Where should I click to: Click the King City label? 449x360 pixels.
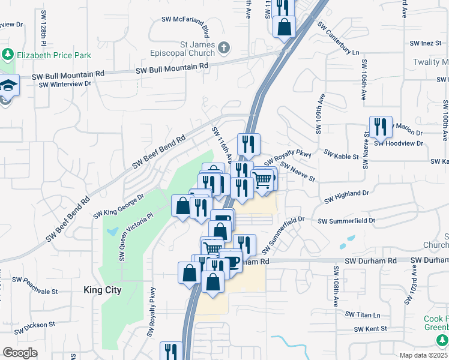102,290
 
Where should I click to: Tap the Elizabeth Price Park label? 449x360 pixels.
54,55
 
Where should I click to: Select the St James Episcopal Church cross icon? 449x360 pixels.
223,47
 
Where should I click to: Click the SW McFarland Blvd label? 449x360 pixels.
185,20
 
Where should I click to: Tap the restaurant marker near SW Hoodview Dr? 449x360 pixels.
381,127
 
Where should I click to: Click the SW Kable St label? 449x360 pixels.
341,155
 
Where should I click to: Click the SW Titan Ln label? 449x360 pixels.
363,314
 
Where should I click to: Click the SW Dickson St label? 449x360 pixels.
34,325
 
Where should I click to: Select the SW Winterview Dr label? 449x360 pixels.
65,84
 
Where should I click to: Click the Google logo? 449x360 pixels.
20,353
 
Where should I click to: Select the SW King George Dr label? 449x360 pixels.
119,205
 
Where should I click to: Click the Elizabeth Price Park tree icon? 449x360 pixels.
8,55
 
